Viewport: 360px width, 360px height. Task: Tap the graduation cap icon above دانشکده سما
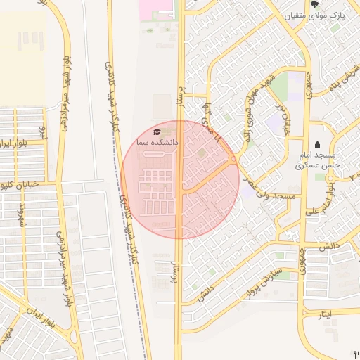(157, 131)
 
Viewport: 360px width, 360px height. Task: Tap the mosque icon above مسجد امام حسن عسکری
(317, 145)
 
